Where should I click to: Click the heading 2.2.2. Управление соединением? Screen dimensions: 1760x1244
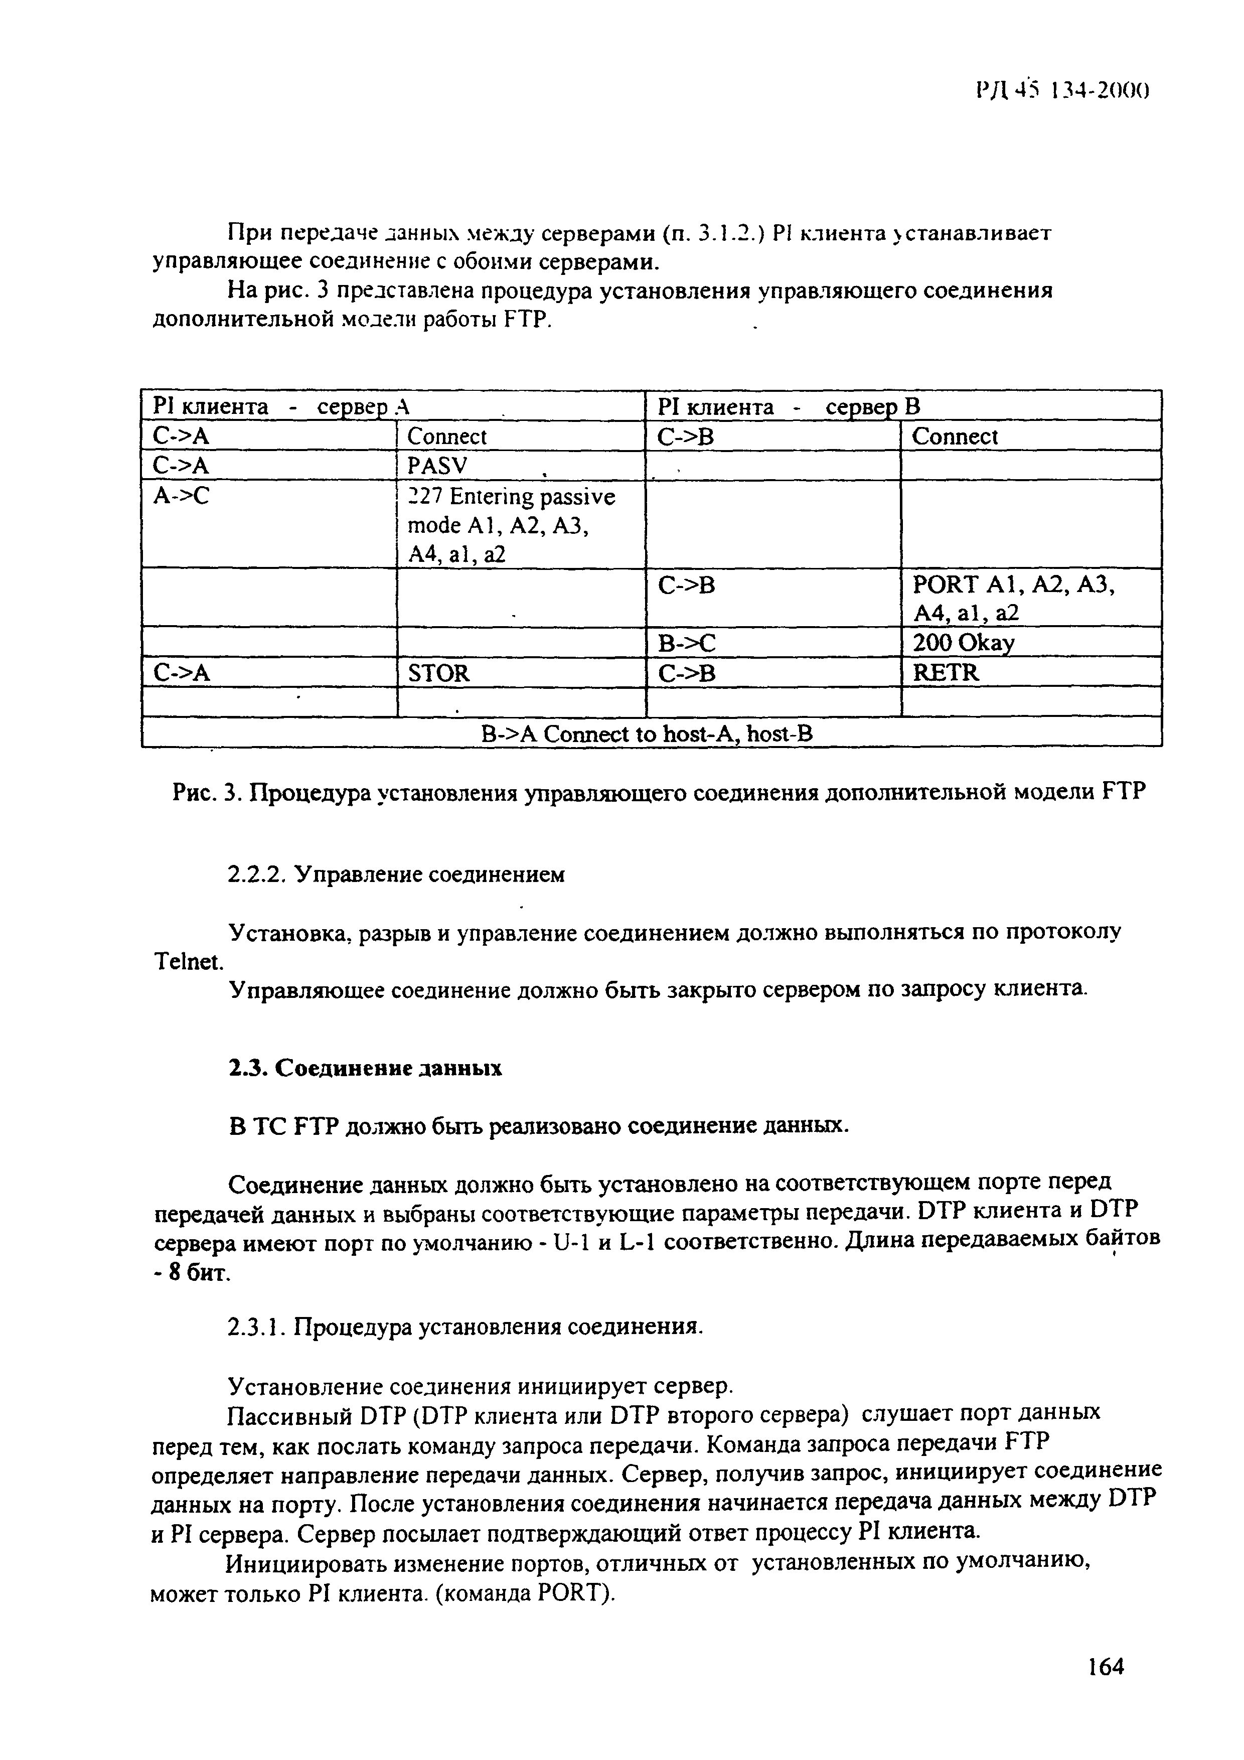point(396,874)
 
